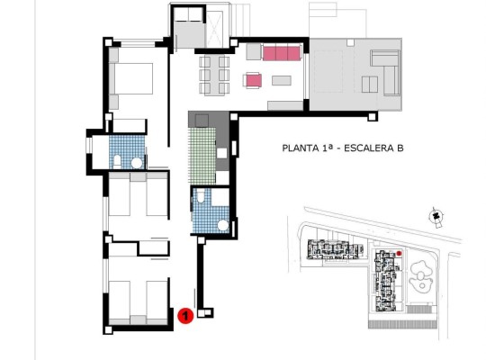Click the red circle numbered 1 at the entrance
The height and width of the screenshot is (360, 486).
tap(184, 316)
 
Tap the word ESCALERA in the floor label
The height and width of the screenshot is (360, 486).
tap(363, 149)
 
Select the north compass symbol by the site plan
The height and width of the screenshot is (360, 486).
tap(436, 216)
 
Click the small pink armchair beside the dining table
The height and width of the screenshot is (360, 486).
tap(253, 81)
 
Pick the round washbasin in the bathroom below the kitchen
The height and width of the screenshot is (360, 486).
tap(221, 223)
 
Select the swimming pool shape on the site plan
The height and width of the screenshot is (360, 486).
tap(419, 274)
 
